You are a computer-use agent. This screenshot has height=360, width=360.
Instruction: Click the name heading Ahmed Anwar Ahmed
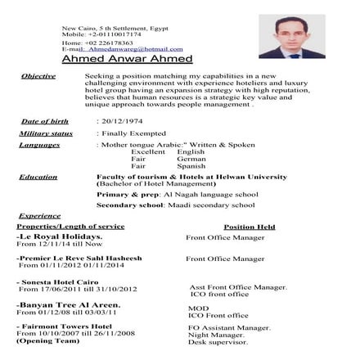[x=127, y=59]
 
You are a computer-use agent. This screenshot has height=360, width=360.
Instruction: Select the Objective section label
[x=38, y=75]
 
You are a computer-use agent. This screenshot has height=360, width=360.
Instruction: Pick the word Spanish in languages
[x=191, y=166]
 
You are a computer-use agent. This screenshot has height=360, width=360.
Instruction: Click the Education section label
[x=38, y=177]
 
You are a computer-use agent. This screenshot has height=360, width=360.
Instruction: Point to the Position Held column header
[x=249, y=226]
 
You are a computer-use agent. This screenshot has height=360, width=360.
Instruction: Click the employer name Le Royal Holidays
[x=60, y=236]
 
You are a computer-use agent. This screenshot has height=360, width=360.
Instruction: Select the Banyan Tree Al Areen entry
[x=68, y=304]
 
